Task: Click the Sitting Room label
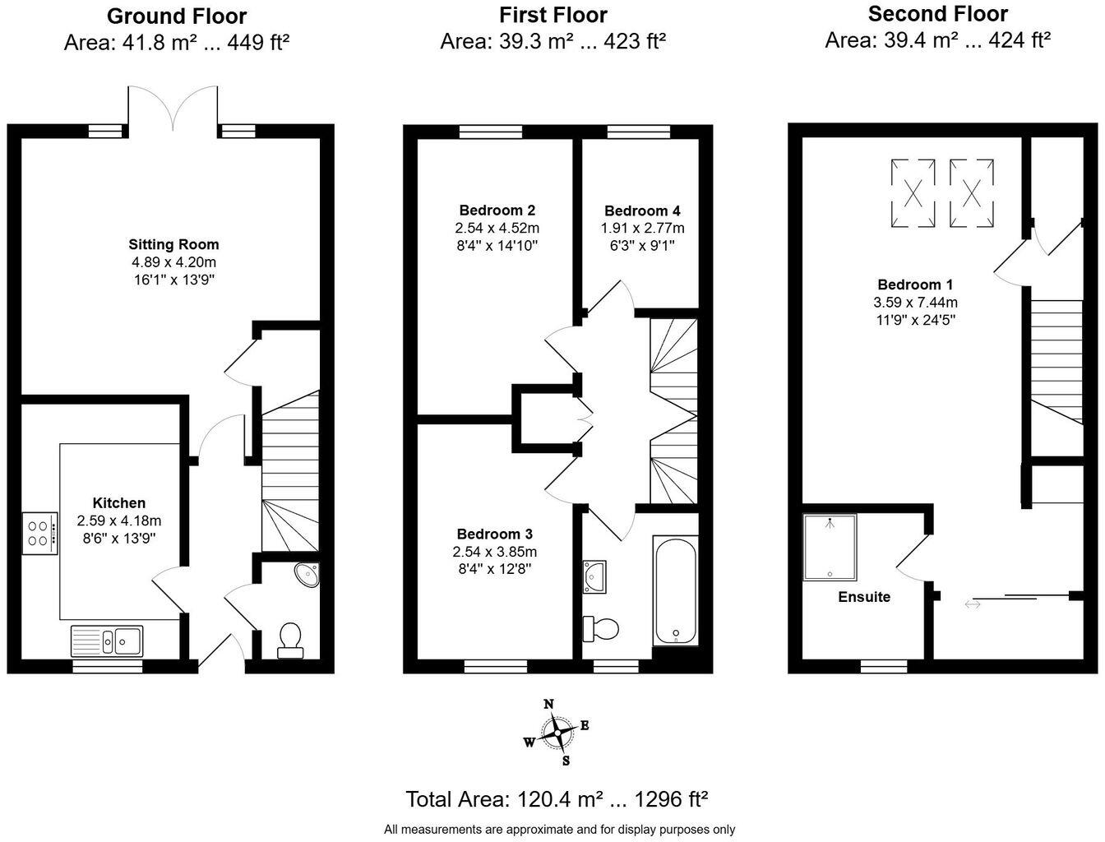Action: click(173, 244)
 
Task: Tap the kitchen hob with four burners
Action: click(40, 532)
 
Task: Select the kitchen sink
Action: click(107, 640)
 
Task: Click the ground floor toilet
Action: click(290, 640)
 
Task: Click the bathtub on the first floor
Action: click(675, 591)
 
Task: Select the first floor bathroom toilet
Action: click(600, 629)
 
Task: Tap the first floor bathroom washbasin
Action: click(595, 576)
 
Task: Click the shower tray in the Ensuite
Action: click(829, 547)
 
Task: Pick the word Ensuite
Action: click(864, 597)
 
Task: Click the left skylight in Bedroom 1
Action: click(913, 193)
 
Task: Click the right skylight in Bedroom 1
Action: click(972, 193)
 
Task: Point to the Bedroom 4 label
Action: click(642, 210)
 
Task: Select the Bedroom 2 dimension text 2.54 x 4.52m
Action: click(497, 228)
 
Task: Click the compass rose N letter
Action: click(549, 704)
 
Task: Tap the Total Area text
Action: click(557, 798)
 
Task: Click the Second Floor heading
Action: click(937, 14)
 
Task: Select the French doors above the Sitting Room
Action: click(173, 109)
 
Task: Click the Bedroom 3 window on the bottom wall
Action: click(496, 666)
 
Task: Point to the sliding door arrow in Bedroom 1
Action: click(973, 605)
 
